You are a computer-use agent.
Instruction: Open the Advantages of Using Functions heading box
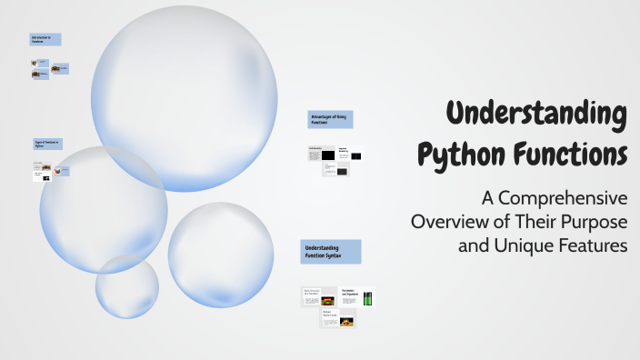pyautogui.click(x=330, y=119)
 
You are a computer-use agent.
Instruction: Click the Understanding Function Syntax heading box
pyautogui.click(x=331, y=252)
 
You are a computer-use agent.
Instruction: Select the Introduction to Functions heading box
pyautogui.click(x=45, y=39)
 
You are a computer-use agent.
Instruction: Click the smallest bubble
pyautogui.click(x=127, y=286)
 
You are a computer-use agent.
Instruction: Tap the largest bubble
pyautogui.click(x=185, y=98)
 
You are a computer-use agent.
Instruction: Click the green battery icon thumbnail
pyautogui.click(x=368, y=298)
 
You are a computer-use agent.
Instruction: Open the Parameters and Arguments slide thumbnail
pyautogui.click(x=355, y=297)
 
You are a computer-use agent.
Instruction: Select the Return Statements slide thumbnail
pyautogui.click(x=337, y=319)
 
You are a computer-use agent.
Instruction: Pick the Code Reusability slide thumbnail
pyautogui.click(x=321, y=154)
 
